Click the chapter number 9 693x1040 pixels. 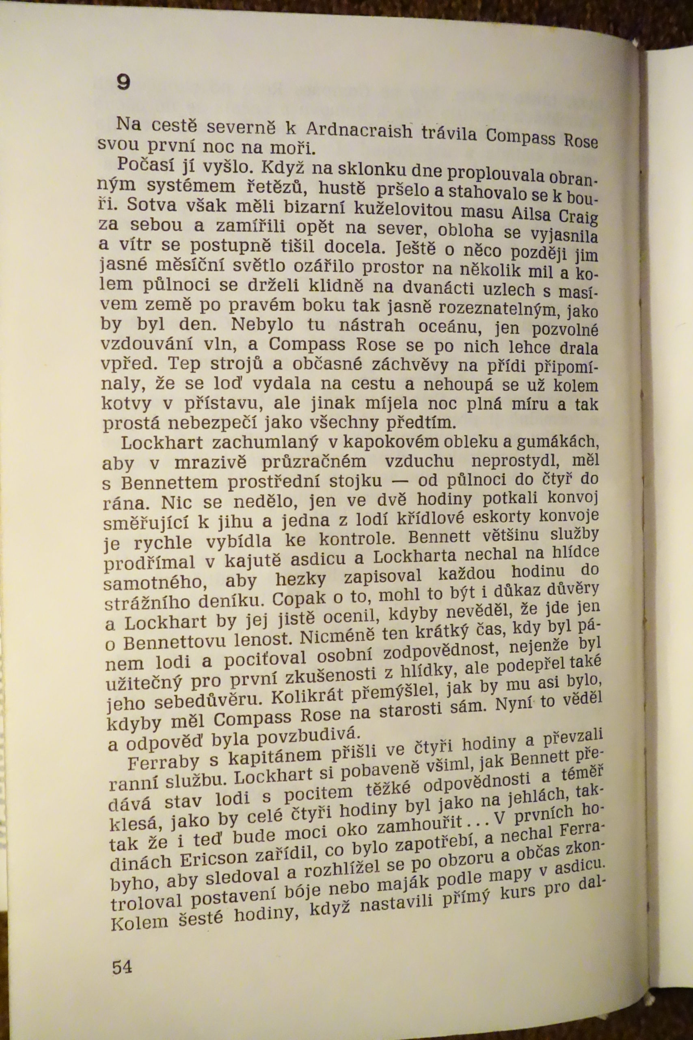[124, 82]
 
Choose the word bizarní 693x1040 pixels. [297, 207]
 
